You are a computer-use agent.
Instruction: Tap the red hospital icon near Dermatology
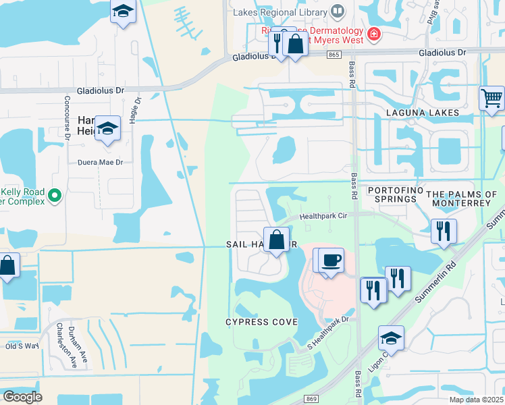click(372, 34)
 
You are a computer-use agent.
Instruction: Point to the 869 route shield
click(311, 398)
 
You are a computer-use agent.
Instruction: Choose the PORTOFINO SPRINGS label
click(392, 195)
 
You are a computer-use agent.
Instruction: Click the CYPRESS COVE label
click(261, 322)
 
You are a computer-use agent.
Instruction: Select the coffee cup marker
click(331, 259)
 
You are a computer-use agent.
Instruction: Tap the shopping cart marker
click(492, 99)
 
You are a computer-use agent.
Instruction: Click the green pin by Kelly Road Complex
click(56, 196)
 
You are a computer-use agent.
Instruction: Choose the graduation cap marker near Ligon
click(391, 337)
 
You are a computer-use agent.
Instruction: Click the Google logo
click(22, 397)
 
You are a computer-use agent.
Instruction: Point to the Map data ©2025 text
click(476, 400)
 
